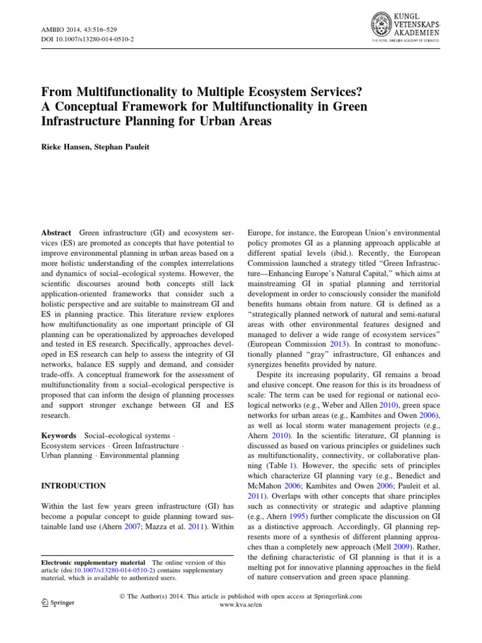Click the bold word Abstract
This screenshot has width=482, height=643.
[55, 232]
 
